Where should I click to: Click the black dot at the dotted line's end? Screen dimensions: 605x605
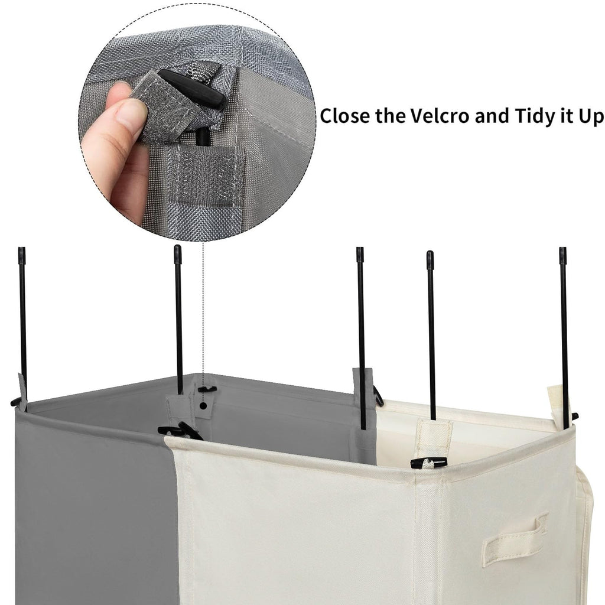coord(203,405)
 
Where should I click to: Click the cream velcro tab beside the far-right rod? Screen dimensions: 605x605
coord(555,403)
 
